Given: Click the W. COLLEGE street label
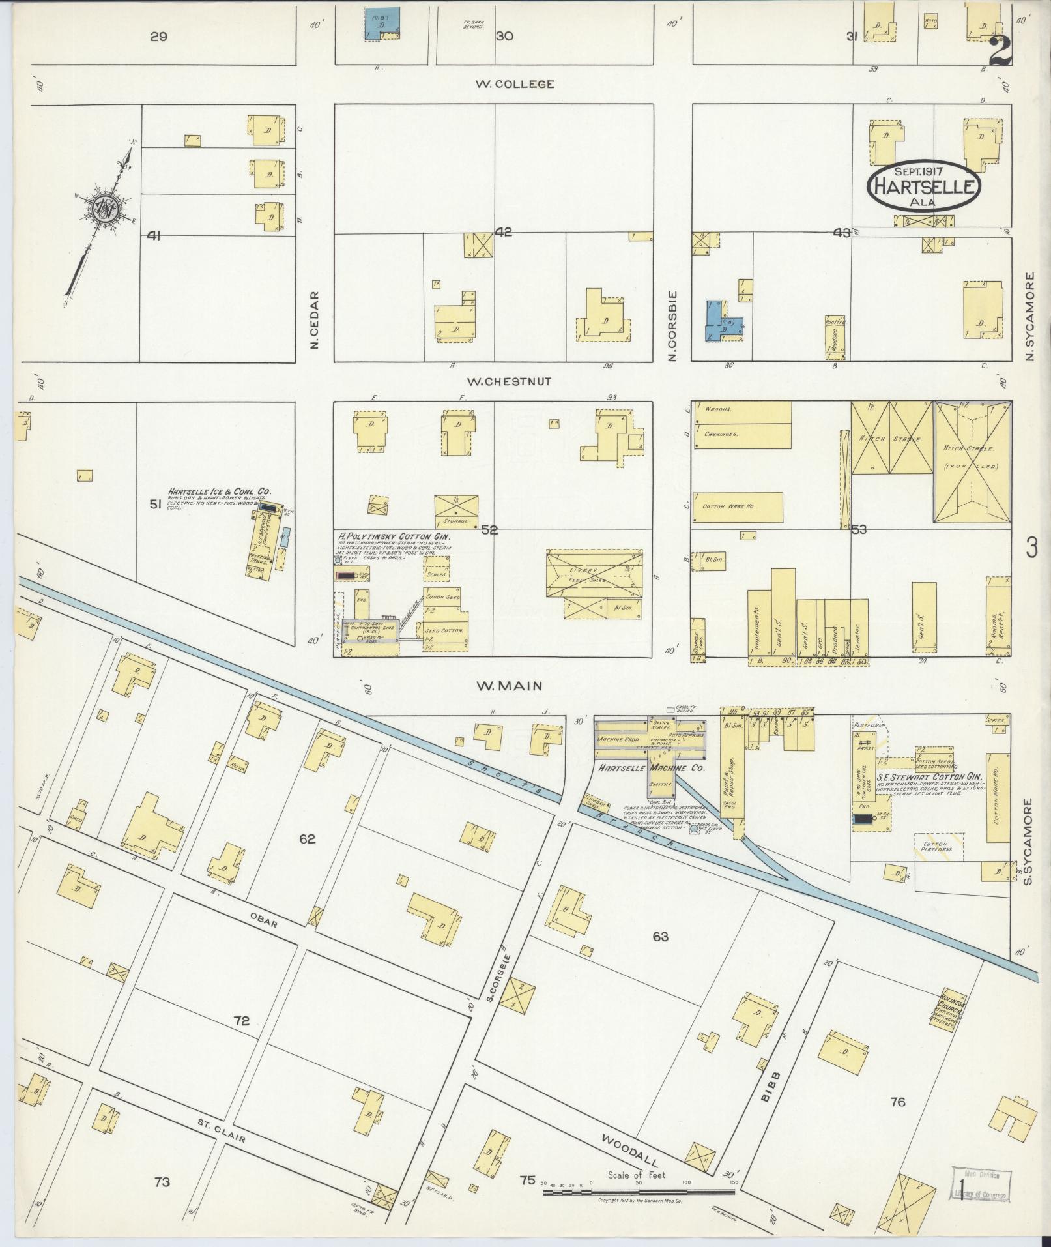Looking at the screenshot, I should tap(515, 84).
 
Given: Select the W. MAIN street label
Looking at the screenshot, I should tap(509, 685).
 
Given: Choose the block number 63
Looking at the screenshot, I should tap(660, 937).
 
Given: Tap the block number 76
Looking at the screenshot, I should tap(897, 1102).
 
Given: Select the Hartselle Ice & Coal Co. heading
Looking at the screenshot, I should tap(220, 491).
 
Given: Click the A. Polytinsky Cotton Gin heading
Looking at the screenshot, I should tap(394, 536).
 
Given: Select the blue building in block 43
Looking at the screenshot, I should tap(721, 321).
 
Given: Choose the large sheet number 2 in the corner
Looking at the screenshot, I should tap(1000, 51).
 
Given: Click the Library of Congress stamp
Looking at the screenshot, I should tap(981, 1185).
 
